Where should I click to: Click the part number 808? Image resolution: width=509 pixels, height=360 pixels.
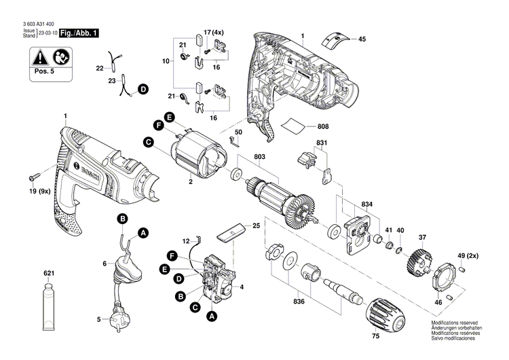pos(322,126)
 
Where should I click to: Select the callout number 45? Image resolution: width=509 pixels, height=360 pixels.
pos(362,40)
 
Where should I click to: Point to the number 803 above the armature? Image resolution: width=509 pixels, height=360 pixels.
pos(259,158)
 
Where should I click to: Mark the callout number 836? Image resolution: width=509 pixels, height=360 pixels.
pos(299,300)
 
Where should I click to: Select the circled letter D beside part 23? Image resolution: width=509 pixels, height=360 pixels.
pos(143,89)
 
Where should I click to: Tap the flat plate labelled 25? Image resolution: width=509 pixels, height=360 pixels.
pos(229,231)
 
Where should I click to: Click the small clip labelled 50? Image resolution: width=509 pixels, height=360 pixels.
pos(234,141)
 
